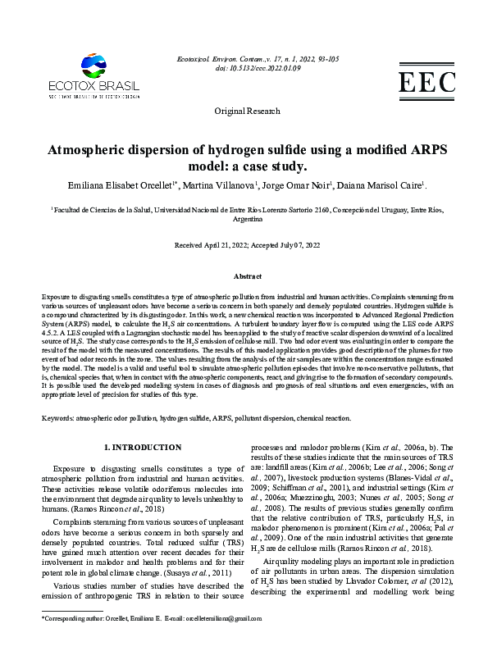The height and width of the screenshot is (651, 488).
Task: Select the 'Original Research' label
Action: coord(244,110)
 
